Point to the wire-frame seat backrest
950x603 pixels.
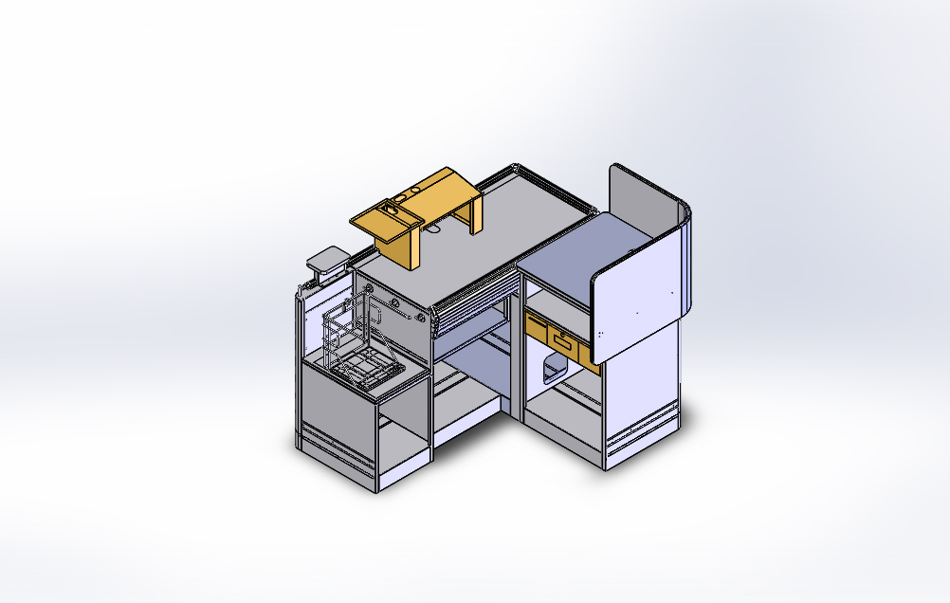(x=343, y=327)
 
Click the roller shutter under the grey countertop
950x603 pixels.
(x=474, y=303)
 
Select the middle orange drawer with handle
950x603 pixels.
(x=562, y=342)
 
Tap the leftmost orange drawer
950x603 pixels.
(x=537, y=329)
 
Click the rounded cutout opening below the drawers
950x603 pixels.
(x=548, y=371)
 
